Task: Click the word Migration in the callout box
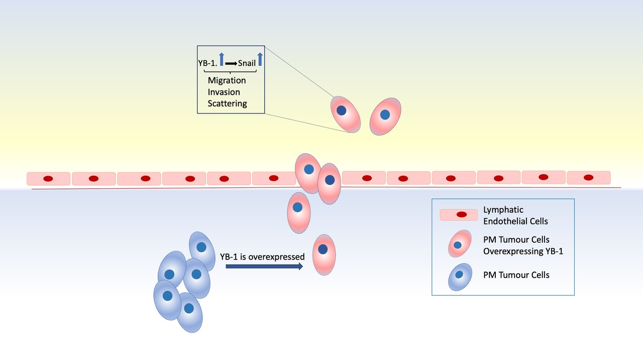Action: [x=227, y=80]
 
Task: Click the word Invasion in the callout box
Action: [x=224, y=92]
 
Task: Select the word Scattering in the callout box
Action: [x=227, y=103]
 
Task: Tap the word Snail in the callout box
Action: [x=247, y=63]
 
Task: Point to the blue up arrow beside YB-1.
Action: [x=221, y=59]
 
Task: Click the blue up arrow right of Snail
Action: [x=260, y=59]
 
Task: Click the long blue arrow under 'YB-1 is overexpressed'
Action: [x=264, y=267]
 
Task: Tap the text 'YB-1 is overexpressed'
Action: [x=262, y=257]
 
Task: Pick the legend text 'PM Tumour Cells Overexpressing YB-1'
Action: [x=523, y=246]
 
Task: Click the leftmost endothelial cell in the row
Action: [x=48, y=178]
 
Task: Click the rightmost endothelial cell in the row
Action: [x=588, y=177]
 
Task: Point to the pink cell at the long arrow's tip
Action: [x=324, y=255]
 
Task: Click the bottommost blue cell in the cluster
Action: [x=189, y=312]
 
